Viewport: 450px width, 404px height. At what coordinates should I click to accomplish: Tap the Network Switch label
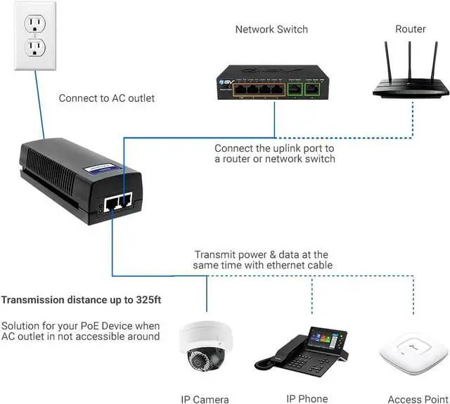click(271, 30)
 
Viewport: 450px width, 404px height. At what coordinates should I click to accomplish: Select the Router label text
click(410, 29)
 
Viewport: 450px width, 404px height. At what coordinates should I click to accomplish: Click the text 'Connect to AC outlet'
click(107, 98)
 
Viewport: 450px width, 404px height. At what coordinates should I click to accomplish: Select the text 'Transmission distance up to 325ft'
click(82, 300)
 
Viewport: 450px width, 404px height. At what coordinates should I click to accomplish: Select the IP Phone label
click(307, 398)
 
